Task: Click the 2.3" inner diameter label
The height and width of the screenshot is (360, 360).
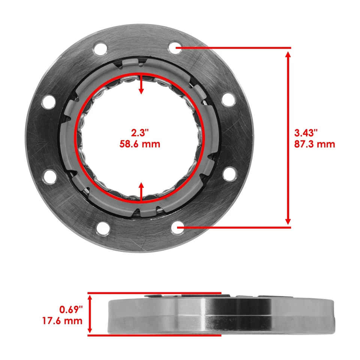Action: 140,133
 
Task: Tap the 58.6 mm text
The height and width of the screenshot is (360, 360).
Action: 140,144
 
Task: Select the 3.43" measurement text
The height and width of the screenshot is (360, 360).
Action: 306,133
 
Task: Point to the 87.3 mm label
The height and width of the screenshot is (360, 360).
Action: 315,144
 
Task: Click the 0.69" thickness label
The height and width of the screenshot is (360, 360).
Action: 71,310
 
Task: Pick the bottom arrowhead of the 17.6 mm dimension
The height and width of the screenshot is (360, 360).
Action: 90,330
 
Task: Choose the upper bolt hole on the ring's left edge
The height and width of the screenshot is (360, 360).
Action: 48,102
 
